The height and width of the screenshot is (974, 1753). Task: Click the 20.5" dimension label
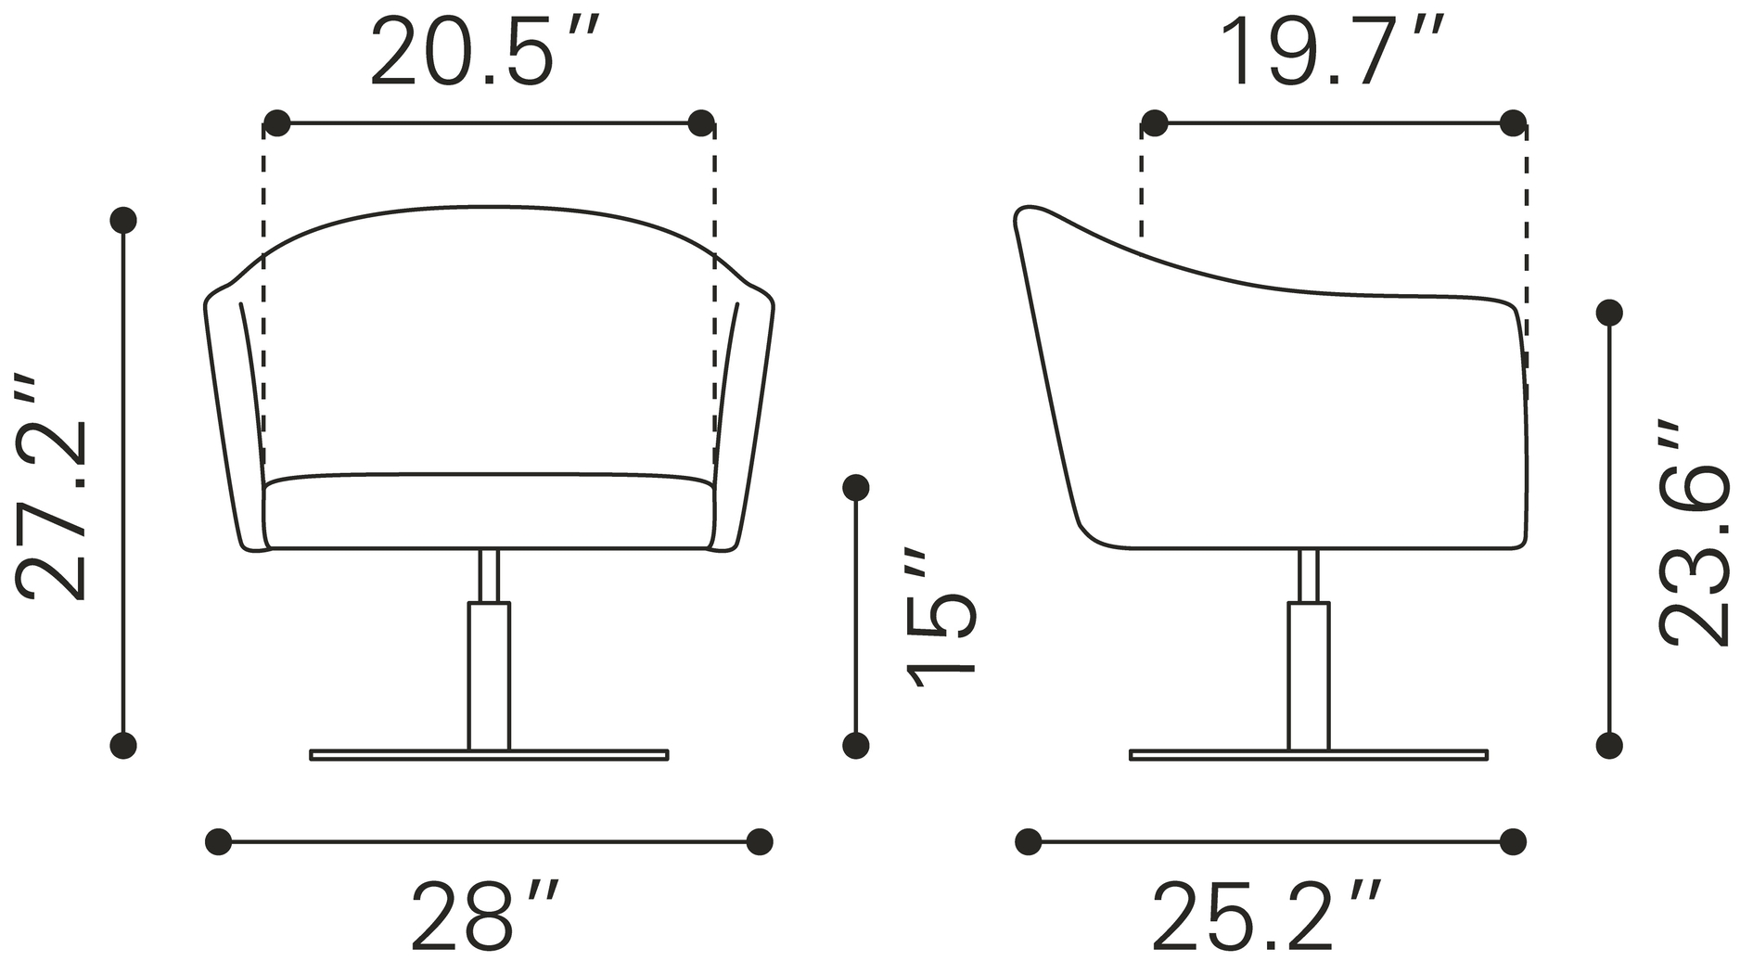(486, 53)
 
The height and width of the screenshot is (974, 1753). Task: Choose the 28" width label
(486, 916)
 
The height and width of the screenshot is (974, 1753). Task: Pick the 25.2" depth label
(1267, 916)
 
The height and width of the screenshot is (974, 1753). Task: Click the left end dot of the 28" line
(218, 841)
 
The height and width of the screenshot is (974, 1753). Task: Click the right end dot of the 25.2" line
(1513, 841)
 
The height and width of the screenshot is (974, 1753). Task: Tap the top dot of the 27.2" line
(123, 220)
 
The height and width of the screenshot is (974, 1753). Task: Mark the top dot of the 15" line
(855, 486)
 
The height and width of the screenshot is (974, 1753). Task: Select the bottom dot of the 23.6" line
(1609, 744)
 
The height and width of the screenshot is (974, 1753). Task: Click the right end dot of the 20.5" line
(701, 122)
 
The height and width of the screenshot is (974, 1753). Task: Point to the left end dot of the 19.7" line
(1154, 122)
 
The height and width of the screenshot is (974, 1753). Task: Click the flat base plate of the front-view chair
(489, 755)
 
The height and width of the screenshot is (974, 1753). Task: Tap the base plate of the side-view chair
(1308, 755)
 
